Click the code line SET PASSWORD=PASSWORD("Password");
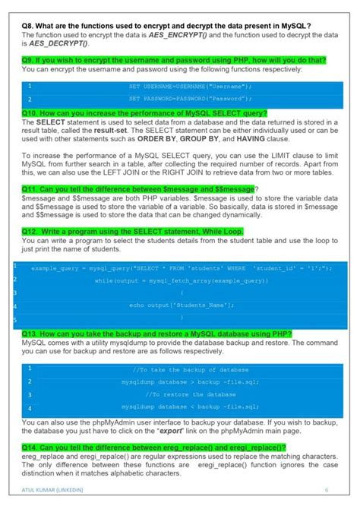tap(190, 99)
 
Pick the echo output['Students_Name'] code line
tap(182, 305)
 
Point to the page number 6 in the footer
tap(327, 489)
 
